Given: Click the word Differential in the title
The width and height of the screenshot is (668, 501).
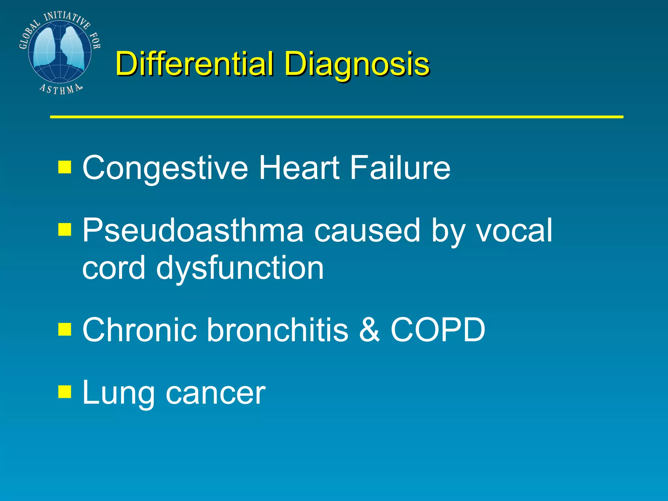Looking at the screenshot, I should (x=194, y=63).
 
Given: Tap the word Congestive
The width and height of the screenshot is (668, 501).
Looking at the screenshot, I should (x=165, y=168).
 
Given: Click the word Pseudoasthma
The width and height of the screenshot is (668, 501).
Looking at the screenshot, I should (x=192, y=231).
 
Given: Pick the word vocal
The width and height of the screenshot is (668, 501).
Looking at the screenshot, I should (x=514, y=231).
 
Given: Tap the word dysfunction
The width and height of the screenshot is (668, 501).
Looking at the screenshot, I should (x=240, y=268).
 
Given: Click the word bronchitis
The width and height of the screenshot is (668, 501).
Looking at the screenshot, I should (x=278, y=330).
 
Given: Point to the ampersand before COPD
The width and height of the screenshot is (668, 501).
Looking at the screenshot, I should (x=370, y=330).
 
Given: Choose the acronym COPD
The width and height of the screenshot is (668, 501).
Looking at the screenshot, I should (x=438, y=330).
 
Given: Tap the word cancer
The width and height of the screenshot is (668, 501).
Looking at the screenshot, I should (x=216, y=395).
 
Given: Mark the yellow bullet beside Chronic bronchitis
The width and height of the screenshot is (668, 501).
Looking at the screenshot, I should (x=65, y=329).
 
